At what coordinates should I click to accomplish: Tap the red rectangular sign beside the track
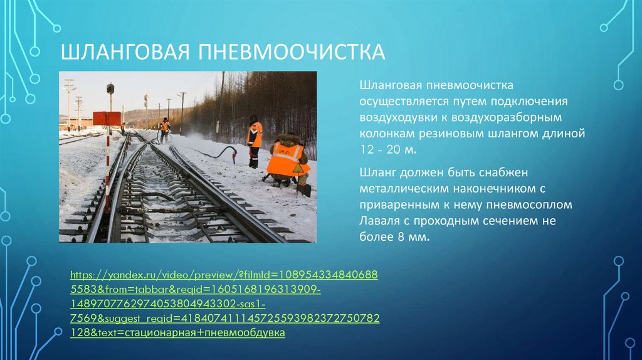(107, 118)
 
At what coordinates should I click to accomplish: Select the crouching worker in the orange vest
(287, 161)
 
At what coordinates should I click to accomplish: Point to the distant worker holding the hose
(164, 129)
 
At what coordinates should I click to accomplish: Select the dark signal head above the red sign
(110, 89)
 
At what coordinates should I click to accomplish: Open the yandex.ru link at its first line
(224, 275)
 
